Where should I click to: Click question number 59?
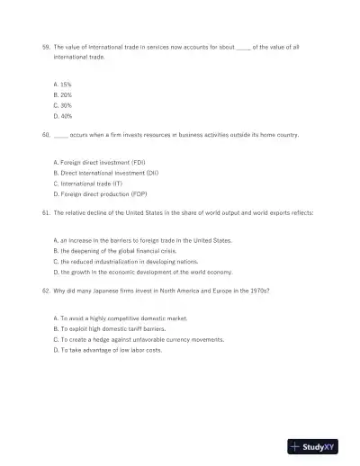(x=47, y=45)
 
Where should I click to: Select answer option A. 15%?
(x=63, y=84)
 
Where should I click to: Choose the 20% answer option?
(x=63, y=94)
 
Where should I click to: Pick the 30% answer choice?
(x=63, y=105)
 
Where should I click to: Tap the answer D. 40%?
(x=63, y=116)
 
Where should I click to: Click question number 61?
(x=47, y=212)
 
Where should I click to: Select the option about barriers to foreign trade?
(x=142, y=240)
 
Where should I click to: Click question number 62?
(x=47, y=291)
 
